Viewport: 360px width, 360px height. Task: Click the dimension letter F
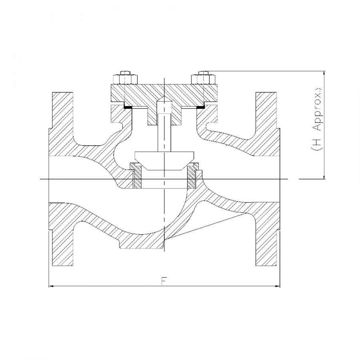click(x=164, y=281)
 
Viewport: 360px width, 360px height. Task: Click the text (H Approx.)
click(x=317, y=119)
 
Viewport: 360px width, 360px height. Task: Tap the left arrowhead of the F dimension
click(x=52, y=286)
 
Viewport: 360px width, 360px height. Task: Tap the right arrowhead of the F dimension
click(x=277, y=286)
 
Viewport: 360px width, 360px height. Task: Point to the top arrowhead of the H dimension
click(x=324, y=74)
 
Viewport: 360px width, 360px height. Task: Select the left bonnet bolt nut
click(x=125, y=79)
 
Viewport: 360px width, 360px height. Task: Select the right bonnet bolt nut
click(x=204, y=79)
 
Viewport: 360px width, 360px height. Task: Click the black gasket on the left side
click(x=128, y=107)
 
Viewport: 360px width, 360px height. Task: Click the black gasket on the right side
click(x=201, y=107)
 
